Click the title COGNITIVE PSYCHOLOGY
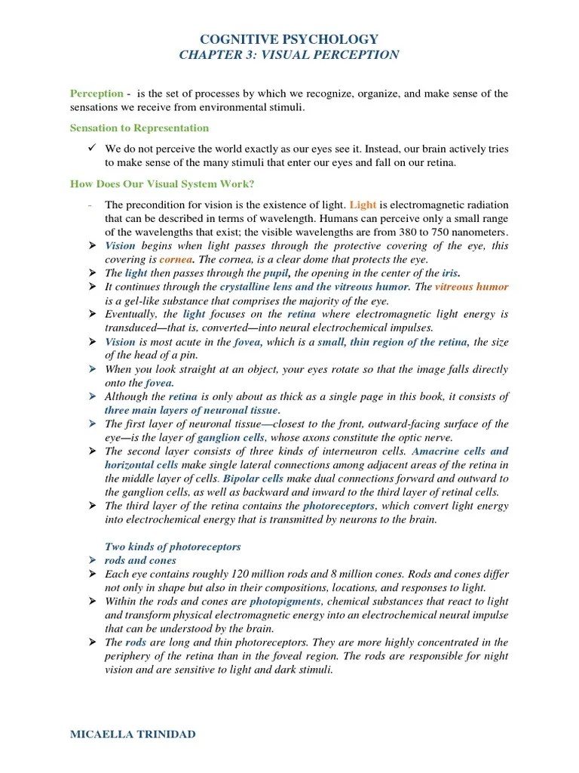tap(289, 39)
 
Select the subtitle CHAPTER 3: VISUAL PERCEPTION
tap(289, 55)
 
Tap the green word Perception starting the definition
tap(96, 94)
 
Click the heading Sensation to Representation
tap(139, 128)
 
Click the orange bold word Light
tap(363, 205)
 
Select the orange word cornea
tap(175, 259)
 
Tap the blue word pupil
tap(277, 273)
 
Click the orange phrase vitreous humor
tap(472, 287)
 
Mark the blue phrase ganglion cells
tap(231, 437)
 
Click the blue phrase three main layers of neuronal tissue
tap(191, 410)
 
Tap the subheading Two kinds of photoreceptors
tap(173, 546)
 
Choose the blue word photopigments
tap(286, 601)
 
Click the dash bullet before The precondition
tap(90, 205)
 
